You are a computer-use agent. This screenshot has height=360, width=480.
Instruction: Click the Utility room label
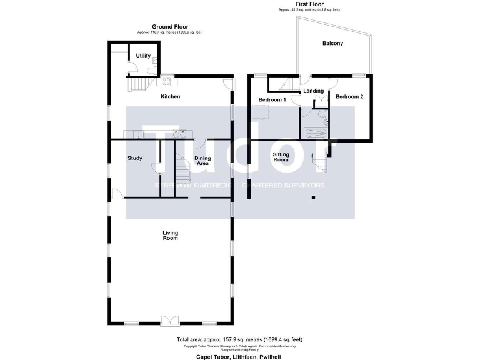pos(143,56)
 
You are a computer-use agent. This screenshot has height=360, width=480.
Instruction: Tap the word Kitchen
pos(171,96)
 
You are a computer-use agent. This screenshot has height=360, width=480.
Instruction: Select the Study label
pos(135,158)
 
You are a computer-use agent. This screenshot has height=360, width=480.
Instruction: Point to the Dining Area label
pos(202,161)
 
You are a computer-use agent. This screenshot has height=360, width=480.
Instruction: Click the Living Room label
pos(171,236)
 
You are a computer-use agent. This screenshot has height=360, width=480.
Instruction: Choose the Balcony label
pos(332,44)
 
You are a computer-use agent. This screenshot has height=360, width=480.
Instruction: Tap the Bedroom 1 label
pos(272,100)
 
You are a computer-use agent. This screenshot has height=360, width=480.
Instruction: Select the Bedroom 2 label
pos(348,97)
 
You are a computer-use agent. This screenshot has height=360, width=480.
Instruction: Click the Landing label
pos(313,91)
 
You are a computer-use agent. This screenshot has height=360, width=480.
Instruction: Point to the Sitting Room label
pos(281,156)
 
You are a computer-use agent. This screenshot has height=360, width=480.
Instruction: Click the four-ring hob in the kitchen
pos(167,81)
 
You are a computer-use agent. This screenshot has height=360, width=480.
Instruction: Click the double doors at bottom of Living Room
pos(169,321)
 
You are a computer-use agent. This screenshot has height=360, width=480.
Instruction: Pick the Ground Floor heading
pos(171,27)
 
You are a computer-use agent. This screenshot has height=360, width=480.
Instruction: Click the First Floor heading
pos(309,4)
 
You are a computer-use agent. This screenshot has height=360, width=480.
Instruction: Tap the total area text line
pos(240,340)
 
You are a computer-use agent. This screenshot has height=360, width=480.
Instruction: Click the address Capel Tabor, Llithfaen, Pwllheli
pos(240,354)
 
